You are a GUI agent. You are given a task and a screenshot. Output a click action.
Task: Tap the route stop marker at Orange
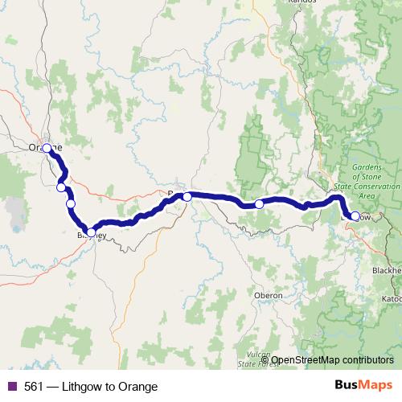point(47,148)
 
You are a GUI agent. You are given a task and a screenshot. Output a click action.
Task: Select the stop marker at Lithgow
point(355,216)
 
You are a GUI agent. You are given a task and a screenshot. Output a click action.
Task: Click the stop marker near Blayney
point(91,232)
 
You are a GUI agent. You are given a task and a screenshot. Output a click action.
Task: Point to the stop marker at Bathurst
point(187,196)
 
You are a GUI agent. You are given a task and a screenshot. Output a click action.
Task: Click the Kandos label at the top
point(302,3)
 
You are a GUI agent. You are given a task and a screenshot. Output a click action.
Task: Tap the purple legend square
point(11,387)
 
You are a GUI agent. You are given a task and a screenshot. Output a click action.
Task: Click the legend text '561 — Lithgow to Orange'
point(90,387)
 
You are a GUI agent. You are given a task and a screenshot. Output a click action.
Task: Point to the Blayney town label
point(90,236)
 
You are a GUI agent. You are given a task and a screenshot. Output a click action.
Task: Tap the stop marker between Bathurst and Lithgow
point(259,204)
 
